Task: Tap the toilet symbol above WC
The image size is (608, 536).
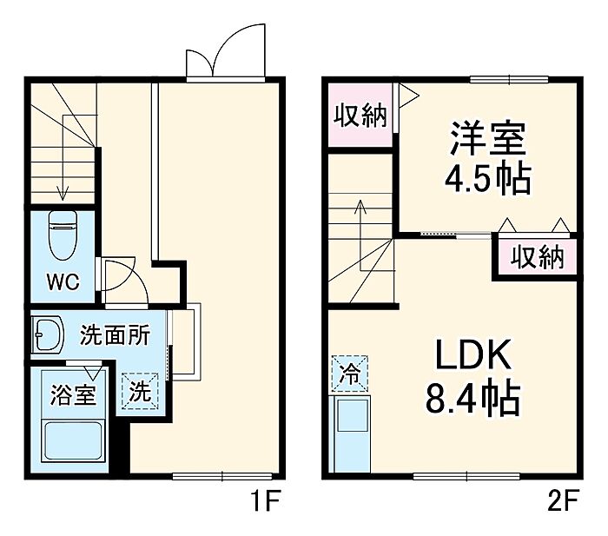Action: tap(63, 235)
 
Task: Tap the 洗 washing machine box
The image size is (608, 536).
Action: tap(140, 391)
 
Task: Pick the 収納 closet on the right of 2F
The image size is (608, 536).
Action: tap(537, 257)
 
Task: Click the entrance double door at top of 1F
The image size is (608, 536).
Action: tap(224, 54)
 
